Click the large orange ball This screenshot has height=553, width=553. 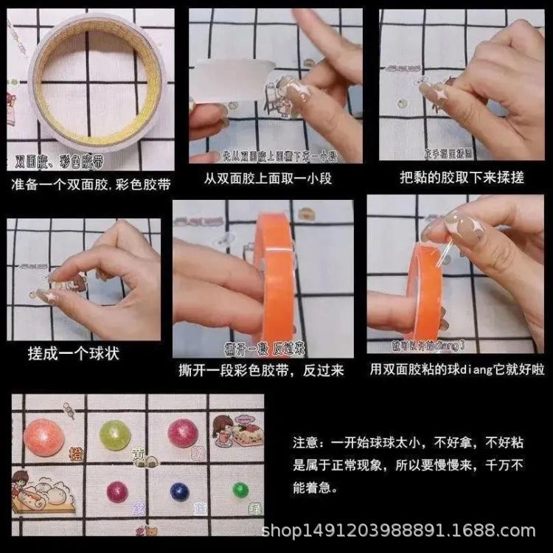tap(44, 437)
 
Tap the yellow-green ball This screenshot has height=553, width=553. tap(115, 435)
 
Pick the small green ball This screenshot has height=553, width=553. tap(240, 490)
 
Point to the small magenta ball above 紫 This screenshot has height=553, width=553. tap(117, 490)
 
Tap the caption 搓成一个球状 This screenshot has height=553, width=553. tap(73, 353)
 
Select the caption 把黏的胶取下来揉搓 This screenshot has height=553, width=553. tap(462, 178)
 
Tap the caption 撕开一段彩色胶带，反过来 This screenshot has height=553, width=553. tap(261, 370)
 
